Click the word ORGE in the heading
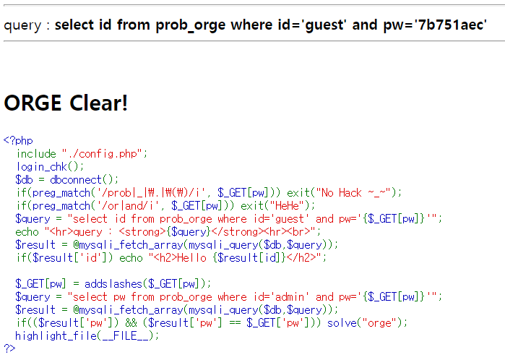[x=33, y=103]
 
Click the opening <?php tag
[x=18, y=140]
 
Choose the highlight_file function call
[x=51, y=335]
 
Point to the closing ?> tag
[x=9, y=348]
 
